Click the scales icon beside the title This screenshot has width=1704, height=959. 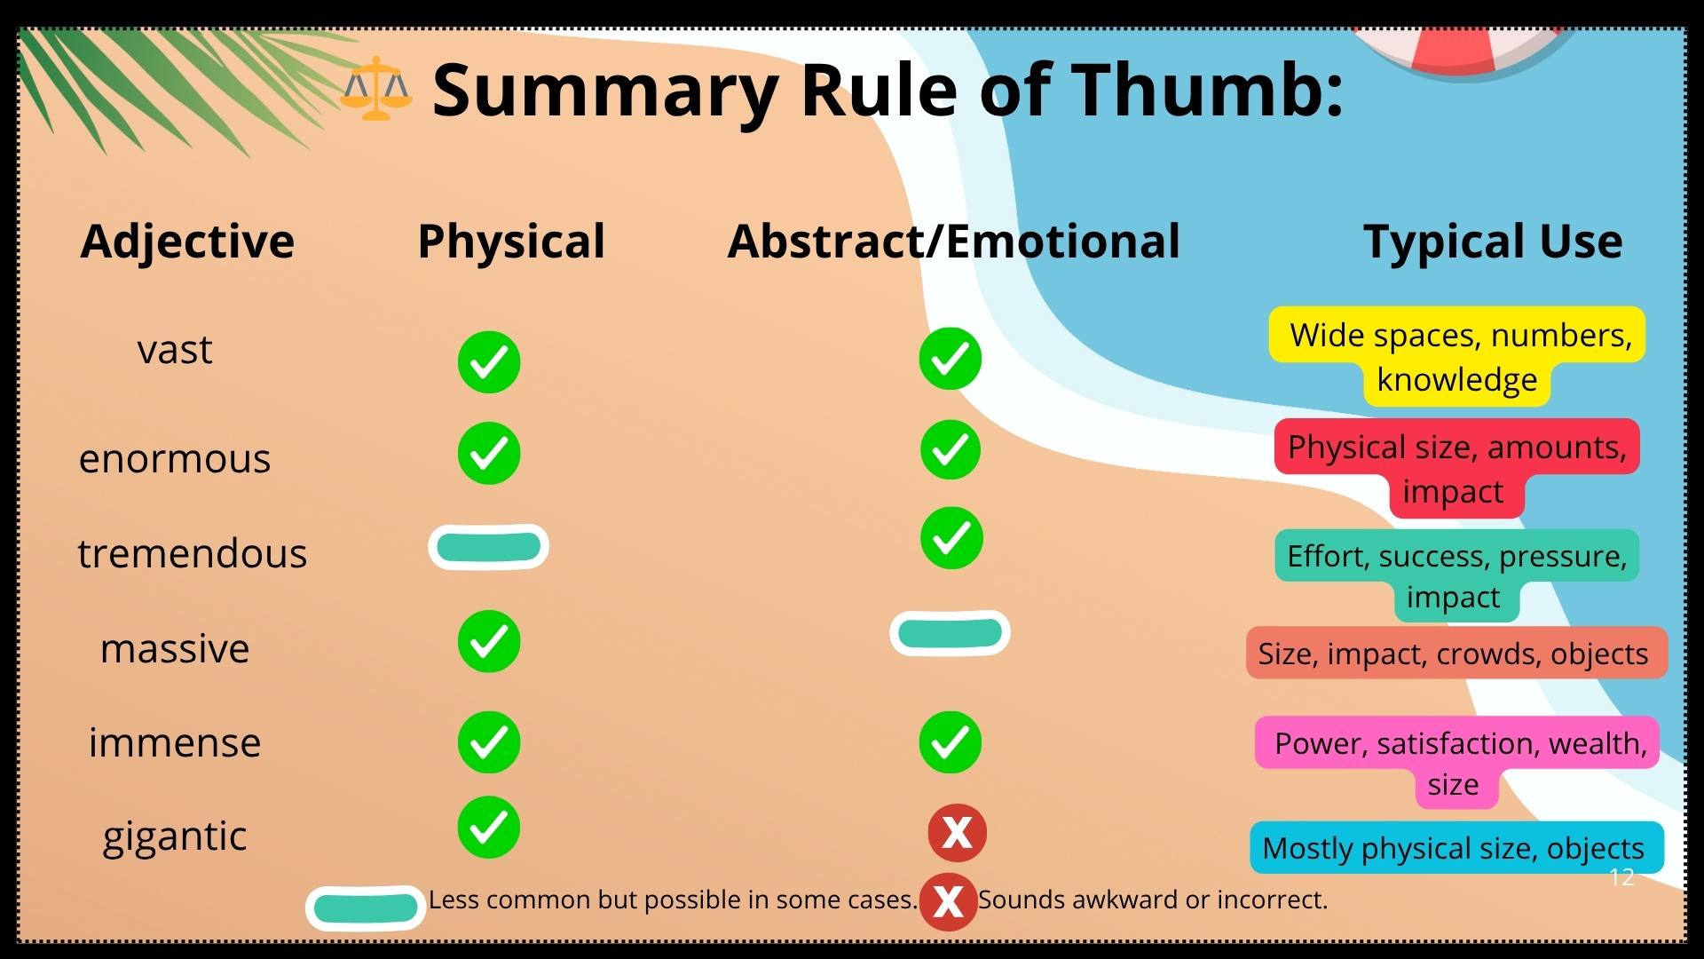[376, 89]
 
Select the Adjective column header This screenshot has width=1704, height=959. [187, 242]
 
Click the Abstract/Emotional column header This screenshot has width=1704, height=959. [954, 242]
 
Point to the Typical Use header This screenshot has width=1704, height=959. [1493, 242]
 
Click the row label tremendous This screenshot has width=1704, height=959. [193, 554]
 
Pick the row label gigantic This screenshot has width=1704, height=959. [175, 836]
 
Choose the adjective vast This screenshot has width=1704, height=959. [175, 350]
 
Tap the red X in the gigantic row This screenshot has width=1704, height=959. [957, 833]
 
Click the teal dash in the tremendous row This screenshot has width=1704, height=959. [488, 547]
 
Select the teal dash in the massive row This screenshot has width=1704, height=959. [950, 633]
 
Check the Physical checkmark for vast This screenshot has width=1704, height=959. [489, 362]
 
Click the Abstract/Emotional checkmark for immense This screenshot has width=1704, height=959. [951, 742]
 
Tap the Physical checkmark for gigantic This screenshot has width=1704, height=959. [489, 828]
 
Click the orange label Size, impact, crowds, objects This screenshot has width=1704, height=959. [1455, 654]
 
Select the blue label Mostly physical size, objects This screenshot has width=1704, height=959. [1455, 848]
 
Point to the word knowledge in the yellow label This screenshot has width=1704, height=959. [1456, 380]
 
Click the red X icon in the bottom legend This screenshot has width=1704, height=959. [948, 901]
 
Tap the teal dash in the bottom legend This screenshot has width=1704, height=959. [366, 907]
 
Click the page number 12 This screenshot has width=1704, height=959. [1621, 877]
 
